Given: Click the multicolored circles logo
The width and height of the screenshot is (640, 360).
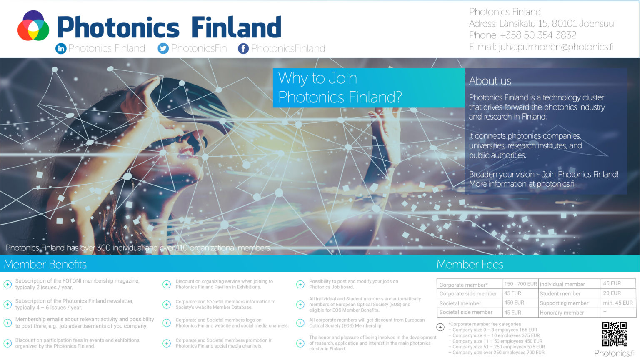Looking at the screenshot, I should pos(33,26).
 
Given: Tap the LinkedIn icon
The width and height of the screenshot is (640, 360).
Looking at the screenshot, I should pos(61,49).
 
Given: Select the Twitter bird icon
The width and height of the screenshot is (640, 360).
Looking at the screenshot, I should pos(163,49).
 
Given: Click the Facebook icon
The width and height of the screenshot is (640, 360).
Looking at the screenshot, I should pos(243,49).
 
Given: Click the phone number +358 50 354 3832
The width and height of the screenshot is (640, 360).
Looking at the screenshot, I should pos(538,35).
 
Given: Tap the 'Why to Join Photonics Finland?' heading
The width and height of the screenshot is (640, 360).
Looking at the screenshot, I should pos(340,87).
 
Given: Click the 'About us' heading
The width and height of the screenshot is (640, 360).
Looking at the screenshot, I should pos(490,81).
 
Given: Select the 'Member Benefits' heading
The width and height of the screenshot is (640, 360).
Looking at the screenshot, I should pos(45,264).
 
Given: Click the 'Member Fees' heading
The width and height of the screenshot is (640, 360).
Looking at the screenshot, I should pos(470,264).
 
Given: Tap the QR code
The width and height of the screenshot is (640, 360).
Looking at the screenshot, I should pos(614,334).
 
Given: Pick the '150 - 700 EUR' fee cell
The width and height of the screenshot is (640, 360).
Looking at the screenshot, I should pos(520,284).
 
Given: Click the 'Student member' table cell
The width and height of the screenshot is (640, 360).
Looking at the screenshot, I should pos(560,294).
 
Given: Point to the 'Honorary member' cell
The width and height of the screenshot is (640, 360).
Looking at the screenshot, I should pos(562,312).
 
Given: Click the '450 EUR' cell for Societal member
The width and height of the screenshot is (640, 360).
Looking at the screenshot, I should pos(514,303).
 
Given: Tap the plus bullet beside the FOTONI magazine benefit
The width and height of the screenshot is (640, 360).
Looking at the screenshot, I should pos(7,284).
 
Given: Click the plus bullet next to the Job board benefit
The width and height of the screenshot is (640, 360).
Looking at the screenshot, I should pos(300,284).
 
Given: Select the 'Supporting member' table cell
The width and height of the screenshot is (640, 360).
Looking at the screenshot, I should pos(564,303).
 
